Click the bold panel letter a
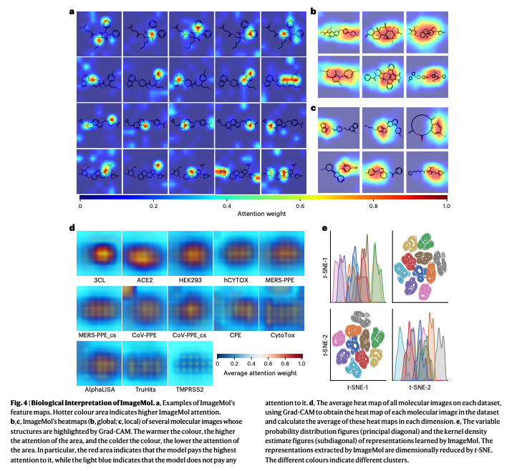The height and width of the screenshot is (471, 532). tap(72, 11)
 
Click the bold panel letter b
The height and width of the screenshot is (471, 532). tap(313, 11)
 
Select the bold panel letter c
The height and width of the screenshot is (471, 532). tap(313, 108)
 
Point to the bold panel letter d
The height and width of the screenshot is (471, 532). tap(72, 227)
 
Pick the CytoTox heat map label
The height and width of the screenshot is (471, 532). tap(282, 334)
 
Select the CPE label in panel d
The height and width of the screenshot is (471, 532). tap(236, 334)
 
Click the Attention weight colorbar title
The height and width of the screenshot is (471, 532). tap(263, 214)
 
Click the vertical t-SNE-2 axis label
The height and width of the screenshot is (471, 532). tap(326, 345)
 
